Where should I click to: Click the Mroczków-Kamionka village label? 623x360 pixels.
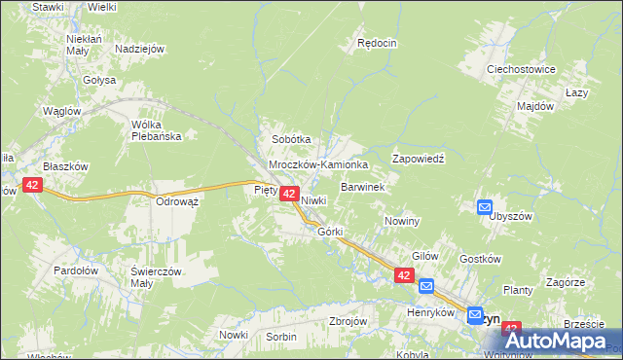(x=318, y=165)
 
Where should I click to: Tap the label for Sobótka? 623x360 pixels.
(x=290, y=140)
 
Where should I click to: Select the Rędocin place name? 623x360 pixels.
(x=378, y=43)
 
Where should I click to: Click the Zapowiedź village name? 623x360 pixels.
(x=418, y=159)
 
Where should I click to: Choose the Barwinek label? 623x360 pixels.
(x=364, y=186)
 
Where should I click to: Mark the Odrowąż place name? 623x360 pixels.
(x=177, y=202)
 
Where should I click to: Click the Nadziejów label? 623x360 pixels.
(x=139, y=49)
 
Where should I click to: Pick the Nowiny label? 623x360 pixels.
(x=401, y=221)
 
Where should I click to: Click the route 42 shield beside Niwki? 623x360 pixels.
(x=289, y=195)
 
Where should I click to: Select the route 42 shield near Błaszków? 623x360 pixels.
(x=32, y=185)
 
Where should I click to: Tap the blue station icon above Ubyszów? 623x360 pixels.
(x=484, y=205)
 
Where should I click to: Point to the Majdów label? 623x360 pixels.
(x=535, y=105)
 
